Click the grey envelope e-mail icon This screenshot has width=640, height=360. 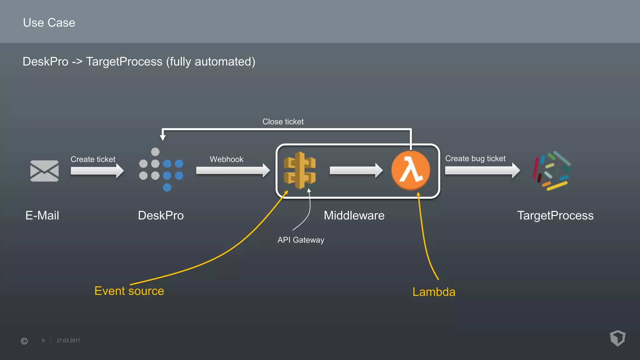(x=44, y=171)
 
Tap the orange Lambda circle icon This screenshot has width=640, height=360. (x=411, y=170)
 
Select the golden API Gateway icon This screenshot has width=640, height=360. (x=299, y=170)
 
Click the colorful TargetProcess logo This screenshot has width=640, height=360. (x=552, y=171)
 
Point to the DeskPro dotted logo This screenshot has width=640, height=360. (x=161, y=170)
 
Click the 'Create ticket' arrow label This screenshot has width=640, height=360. (x=93, y=159)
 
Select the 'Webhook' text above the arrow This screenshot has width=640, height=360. (x=226, y=159)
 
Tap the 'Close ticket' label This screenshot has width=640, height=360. (x=283, y=122)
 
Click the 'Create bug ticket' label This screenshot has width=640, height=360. (x=475, y=159)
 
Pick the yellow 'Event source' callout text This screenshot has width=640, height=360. (x=129, y=291)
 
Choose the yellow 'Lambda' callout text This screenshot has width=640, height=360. (x=434, y=292)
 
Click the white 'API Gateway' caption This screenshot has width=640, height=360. (x=301, y=240)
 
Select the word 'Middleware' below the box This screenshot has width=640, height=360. (x=354, y=216)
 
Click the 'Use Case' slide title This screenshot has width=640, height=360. (x=49, y=23)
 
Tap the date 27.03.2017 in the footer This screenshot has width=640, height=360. (x=68, y=341)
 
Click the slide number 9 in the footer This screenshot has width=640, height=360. (x=43, y=341)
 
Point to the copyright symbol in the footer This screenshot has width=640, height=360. (x=24, y=341)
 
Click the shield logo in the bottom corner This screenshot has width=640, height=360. (x=617, y=338)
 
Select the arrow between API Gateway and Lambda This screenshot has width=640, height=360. (x=356, y=170)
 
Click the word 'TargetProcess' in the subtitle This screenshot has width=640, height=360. (x=124, y=62)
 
